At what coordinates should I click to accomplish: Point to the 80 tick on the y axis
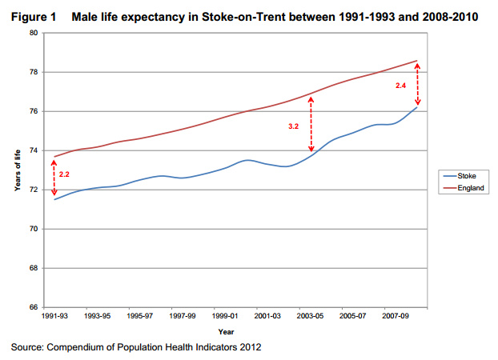33,33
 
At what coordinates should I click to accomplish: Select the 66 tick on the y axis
33,307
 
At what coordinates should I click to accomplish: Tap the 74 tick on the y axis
33,150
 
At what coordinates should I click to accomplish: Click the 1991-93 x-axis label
54,317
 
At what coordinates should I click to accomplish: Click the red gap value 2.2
65,174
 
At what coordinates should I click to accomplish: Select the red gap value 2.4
402,85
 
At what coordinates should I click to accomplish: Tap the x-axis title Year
227,332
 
